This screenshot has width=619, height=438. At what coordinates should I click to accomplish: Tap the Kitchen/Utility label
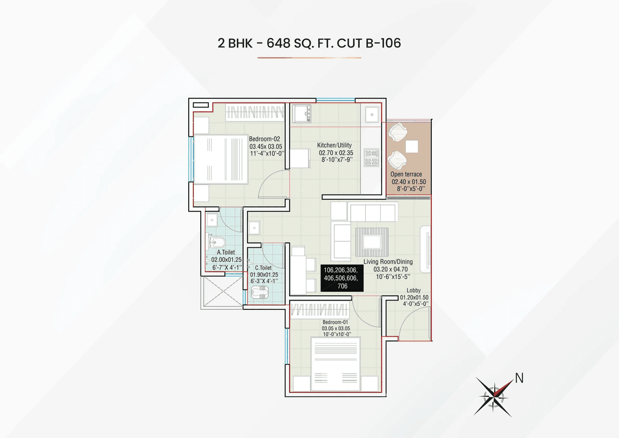coord(334,145)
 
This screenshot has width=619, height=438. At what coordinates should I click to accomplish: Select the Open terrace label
coord(406,174)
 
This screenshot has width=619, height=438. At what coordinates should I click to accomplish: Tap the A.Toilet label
coord(226,252)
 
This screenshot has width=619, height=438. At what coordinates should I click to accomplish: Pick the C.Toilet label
coord(263,267)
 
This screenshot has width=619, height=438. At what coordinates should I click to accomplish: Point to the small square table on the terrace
coord(412,146)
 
